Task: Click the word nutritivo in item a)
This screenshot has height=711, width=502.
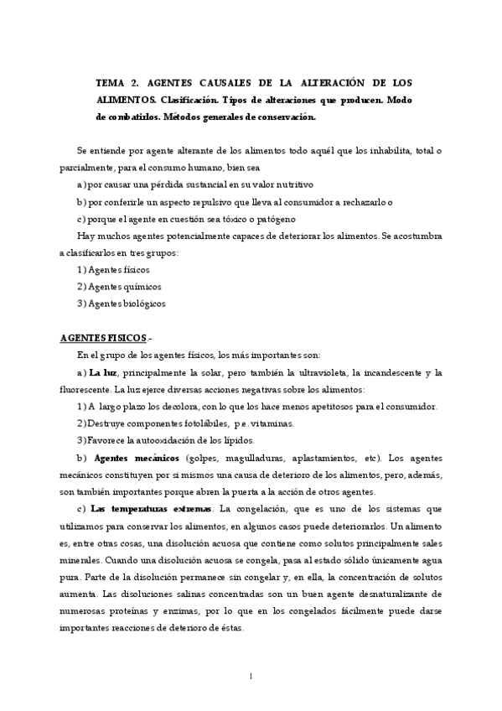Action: tap(290, 182)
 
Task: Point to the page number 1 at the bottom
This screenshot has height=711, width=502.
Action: tap(251, 676)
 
